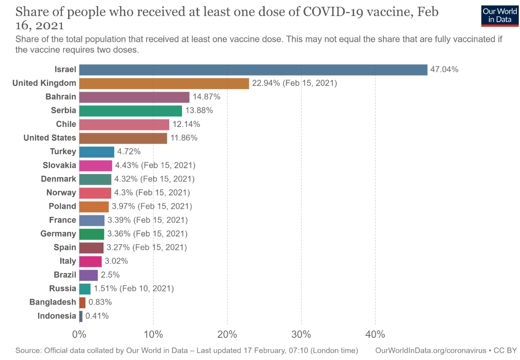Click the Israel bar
pos(253,70)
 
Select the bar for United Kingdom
pos(164,84)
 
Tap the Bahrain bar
pos(134,97)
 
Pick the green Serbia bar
pos(130,111)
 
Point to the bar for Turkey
pos(96,152)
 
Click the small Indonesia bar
pos(81,316)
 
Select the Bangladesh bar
pos(82,302)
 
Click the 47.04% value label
pos(444,70)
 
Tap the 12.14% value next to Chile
pos(186,124)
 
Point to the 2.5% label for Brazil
pos(110,274)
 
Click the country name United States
pos(50,138)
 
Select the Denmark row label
pos(58,179)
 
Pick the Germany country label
pos(58,234)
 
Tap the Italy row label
pos(68,261)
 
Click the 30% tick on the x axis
pos(301,334)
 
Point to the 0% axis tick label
pos(79,334)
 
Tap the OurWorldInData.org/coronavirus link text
pos(430,351)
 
